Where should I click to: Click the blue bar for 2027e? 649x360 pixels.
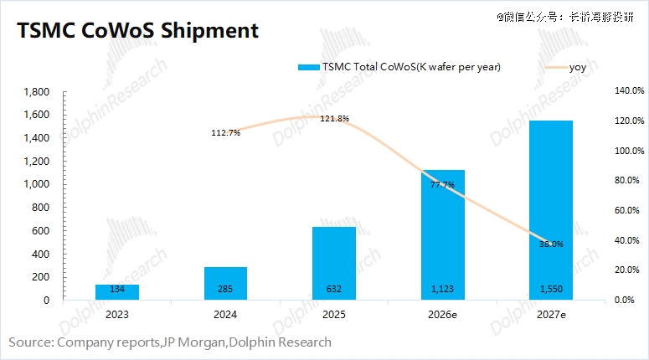[x=550, y=209]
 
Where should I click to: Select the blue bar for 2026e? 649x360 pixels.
[x=442, y=234]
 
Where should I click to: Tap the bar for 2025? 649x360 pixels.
[x=334, y=263]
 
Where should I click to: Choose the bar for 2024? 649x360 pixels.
[x=225, y=283]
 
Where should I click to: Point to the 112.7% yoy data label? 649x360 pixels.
[x=226, y=132]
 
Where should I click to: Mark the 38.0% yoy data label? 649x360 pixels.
[x=551, y=244]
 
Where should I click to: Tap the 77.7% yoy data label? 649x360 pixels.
[x=442, y=184]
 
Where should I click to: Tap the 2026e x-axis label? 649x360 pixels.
[x=442, y=315]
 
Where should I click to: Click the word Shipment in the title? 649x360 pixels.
[x=198, y=31]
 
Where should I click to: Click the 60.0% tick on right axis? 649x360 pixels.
[x=627, y=210]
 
